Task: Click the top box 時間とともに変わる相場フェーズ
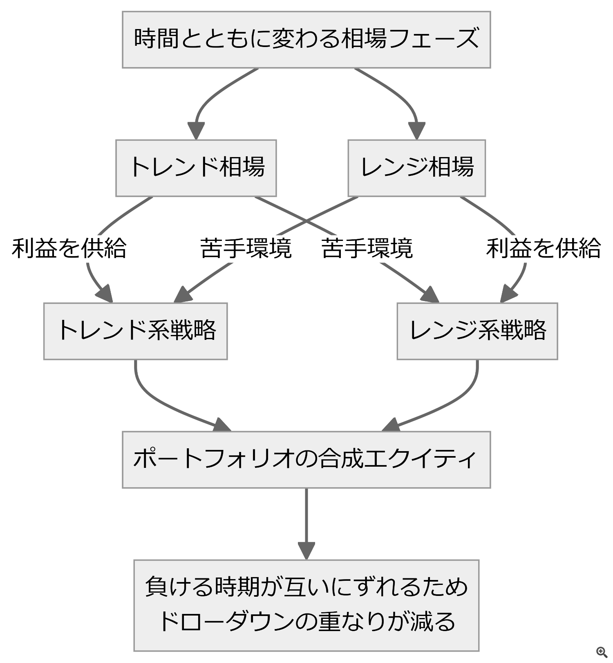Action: tap(306, 39)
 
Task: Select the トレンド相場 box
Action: tap(196, 168)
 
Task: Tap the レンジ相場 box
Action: tap(416, 168)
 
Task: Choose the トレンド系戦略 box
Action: tap(135, 331)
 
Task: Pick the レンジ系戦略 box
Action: tap(477, 331)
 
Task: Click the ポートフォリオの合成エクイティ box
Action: tap(306, 460)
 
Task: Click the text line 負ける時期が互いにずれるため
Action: tap(306, 587)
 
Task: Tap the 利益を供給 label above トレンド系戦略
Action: tap(69, 248)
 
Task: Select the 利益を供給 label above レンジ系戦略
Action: tap(544, 248)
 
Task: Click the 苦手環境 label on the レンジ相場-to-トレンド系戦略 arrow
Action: tap(246, 248)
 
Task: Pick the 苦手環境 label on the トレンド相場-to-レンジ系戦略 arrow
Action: tap(367, 248)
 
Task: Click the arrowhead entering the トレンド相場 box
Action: tap(196, 131)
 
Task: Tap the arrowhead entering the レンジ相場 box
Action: tap(416, 131)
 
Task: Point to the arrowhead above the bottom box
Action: tap(306, 551)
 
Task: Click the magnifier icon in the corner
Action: tap(602, 652)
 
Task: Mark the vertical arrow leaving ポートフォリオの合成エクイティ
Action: tap(306, 524)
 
